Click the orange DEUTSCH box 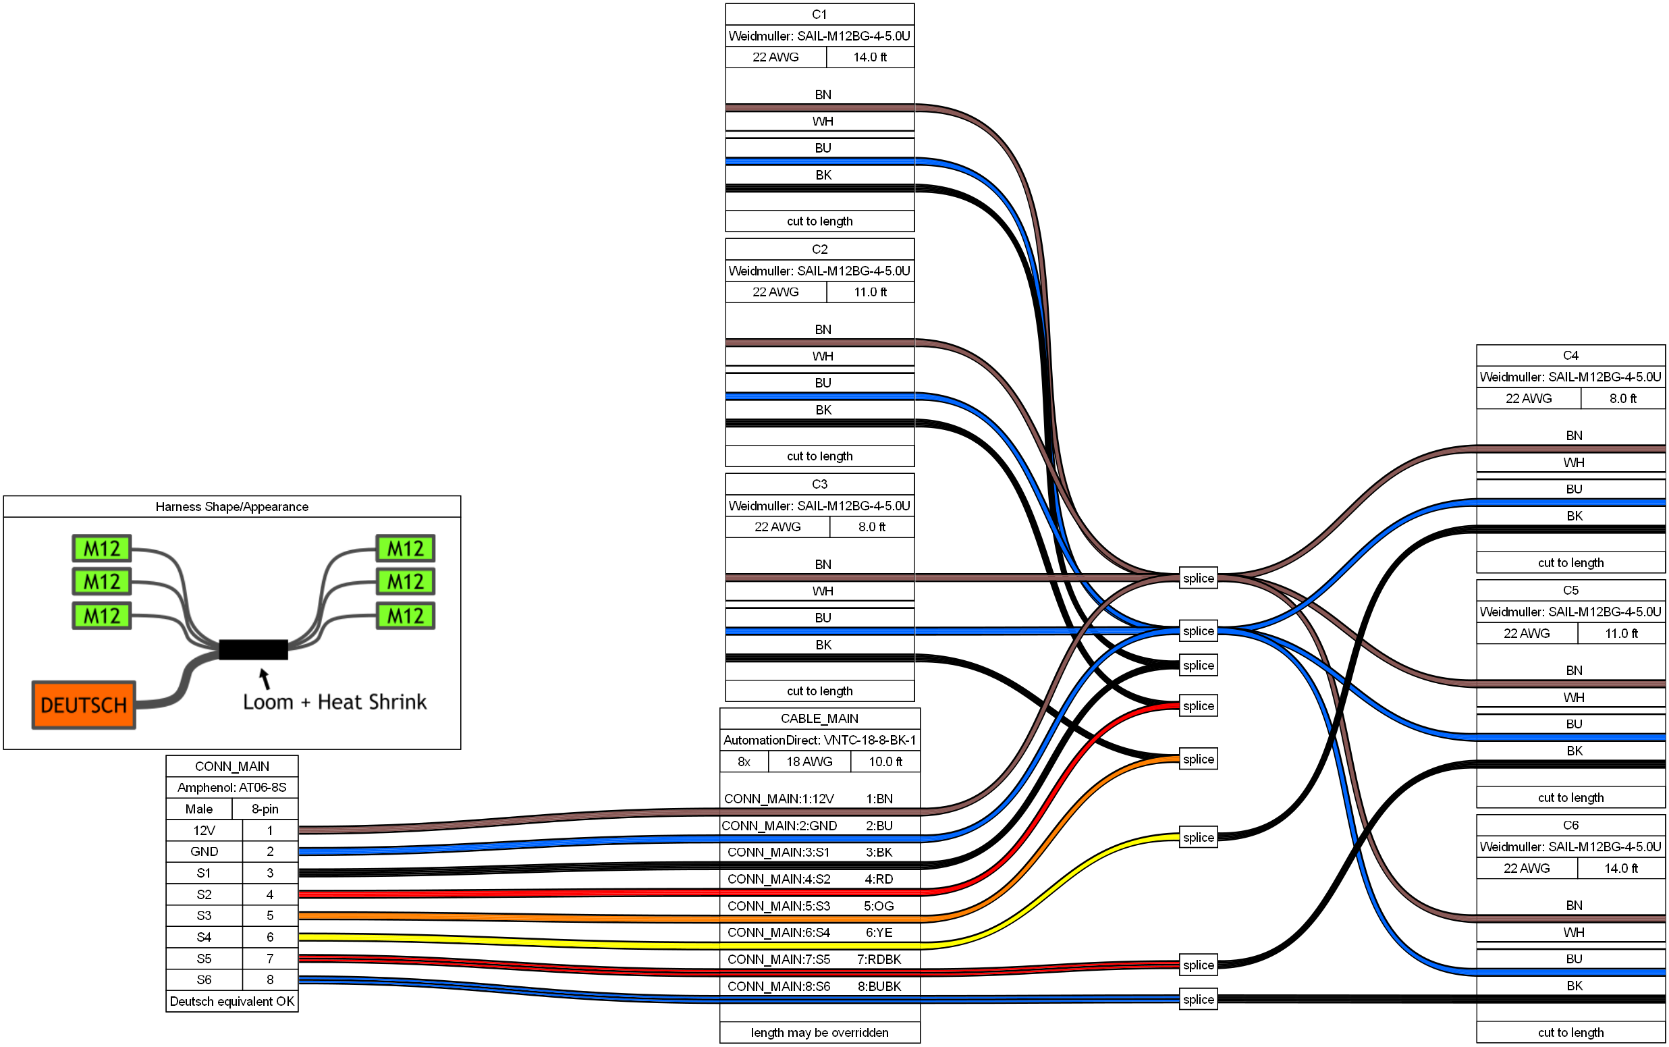(84, 704)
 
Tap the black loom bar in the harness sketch (253, 649)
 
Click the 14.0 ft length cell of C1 (869, 57)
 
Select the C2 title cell (819, 248)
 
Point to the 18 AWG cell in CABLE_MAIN (809, 761)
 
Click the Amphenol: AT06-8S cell (232, 787)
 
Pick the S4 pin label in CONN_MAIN (204, 937)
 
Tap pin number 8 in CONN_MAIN (270, 979)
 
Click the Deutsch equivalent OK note (232, 1001)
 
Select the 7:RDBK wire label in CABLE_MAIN (879, 959)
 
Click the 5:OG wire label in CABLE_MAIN (879, 906)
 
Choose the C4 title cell (1570, 355)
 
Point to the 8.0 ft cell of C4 (1622, 398)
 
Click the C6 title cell (1570, 825)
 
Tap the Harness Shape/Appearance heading (232, 506)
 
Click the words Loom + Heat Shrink (334, 701)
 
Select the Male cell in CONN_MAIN (198, 809)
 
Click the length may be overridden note (819, 1032)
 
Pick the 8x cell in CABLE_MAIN (744, 761)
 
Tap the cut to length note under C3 (819, 691)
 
